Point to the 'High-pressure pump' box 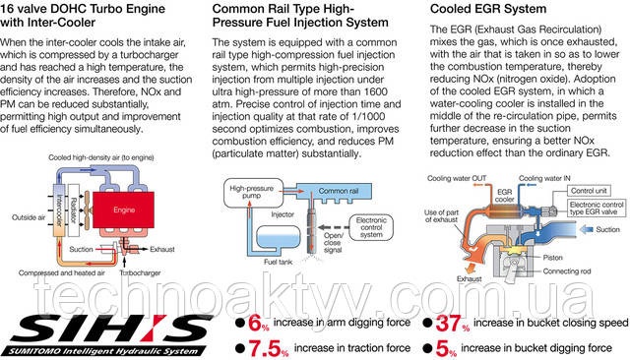tap(256, 191)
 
